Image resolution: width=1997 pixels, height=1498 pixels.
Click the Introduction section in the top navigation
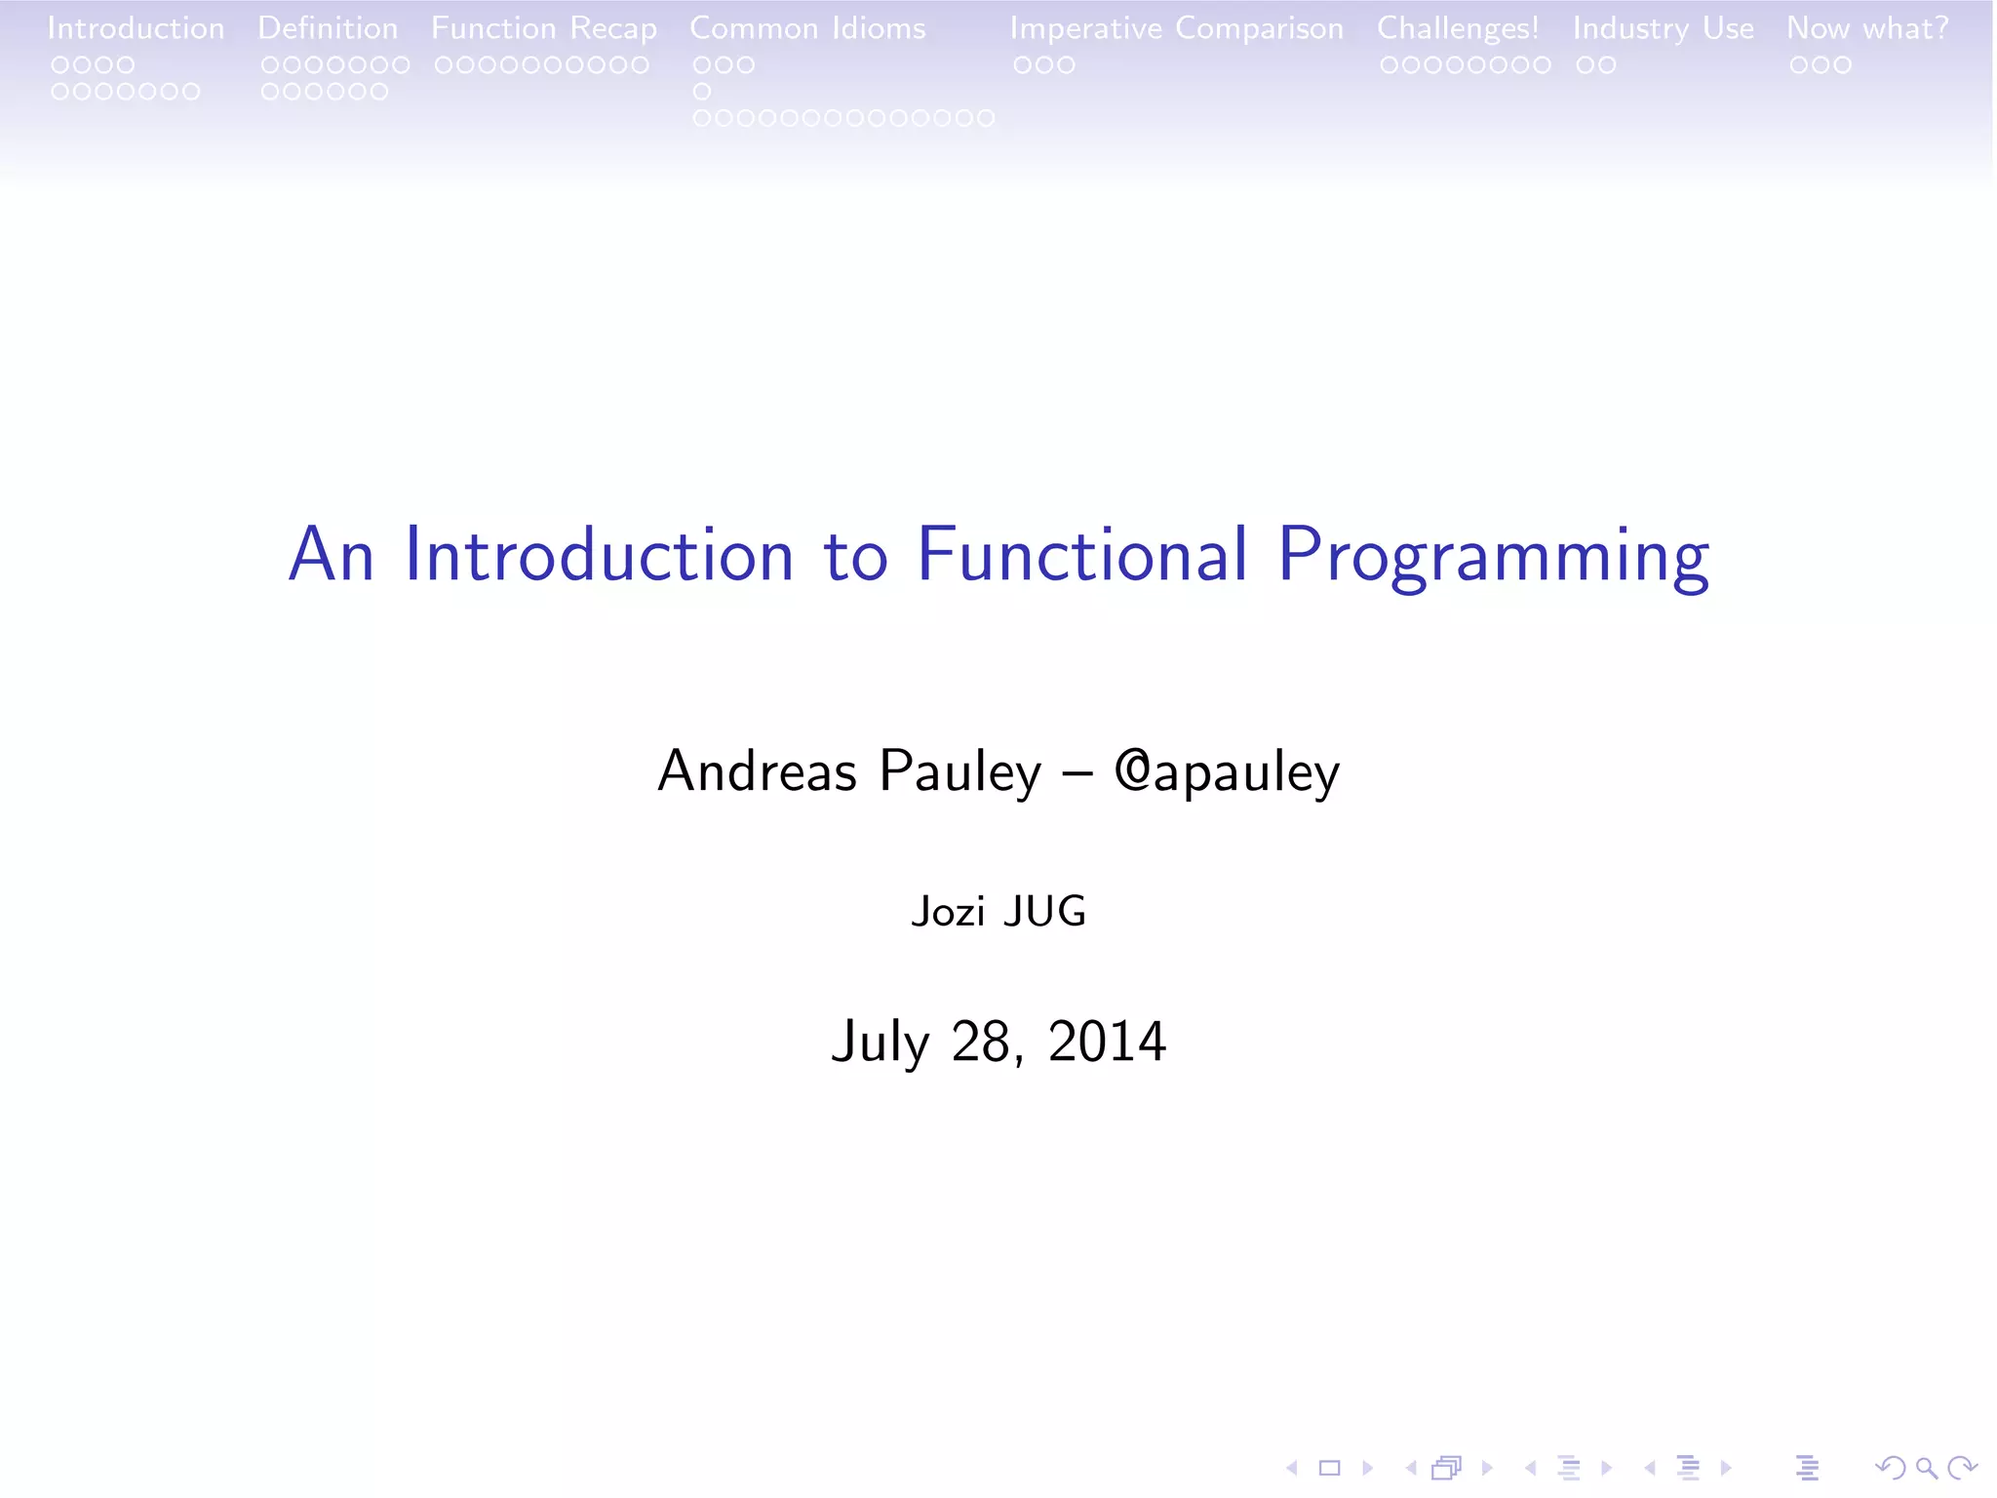pyautogui.click(x=136, y=28)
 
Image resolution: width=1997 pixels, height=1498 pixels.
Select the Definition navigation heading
pyautogui.click(x=328, y=28)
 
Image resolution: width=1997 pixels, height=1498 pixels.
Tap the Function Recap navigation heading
pyautogui.click(x=544, y=29)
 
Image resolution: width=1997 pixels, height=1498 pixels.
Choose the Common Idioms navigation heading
pyautogui.click(x=807, y=28)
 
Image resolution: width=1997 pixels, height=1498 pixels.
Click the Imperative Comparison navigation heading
pyautogui.click(x=1176, y=29)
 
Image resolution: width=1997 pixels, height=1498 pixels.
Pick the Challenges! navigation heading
pyautogui.click(x=1457, y=29)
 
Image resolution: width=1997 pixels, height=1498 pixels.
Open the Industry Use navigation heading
pyautogui.click(x=1663, y=28)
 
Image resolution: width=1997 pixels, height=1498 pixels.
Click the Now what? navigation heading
pyautogui.click(x=1867, y=28)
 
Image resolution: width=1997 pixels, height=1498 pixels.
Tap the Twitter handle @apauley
pyautogui.click(x=1227, y=772)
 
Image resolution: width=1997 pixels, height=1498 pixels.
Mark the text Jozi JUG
pyautogui.click(x=998, y=912)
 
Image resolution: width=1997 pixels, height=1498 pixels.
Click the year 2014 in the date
pyautogui.click(x=1107, y=1041)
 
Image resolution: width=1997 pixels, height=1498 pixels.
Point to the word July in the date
pyautogui.click(x=881, y=1043)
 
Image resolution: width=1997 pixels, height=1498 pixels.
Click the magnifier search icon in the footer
pyautogui.click(x=1925, y=1468)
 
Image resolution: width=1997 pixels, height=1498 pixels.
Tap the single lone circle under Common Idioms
pyautogui.click(x=702, y=92)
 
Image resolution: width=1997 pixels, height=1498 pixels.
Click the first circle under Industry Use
pyautogui.click(x=1585, y=65)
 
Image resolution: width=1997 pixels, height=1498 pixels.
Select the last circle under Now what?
pyautogui.click(x=1842, y=65)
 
